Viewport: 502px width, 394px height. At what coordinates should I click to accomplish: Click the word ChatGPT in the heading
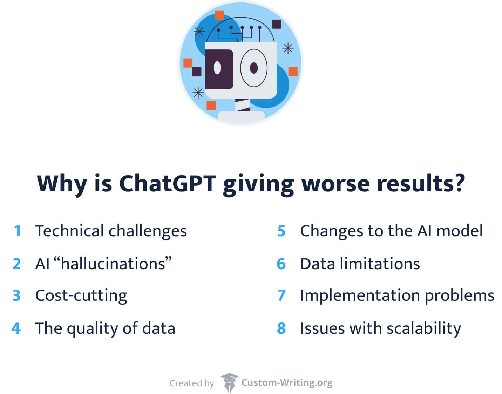pos(168,184)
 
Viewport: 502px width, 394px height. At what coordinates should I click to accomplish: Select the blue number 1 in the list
pos(18,231)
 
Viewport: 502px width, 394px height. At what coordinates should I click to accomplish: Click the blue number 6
pos(281,264)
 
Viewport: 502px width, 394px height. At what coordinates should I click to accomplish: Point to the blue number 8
pos(281,328)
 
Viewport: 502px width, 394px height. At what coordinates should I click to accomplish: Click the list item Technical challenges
pos(111,231)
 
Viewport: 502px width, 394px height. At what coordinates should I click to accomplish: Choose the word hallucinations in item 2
pos(113,263)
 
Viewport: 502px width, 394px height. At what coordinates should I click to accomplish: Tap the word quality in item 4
pos(93,329)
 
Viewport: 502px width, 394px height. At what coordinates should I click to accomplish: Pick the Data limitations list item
pos(360,264)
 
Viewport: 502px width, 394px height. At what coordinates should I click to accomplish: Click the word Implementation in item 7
pos(360,296)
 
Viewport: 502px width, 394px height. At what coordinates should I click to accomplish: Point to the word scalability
pos(424,329)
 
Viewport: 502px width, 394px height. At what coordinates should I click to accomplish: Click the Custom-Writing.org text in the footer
pos(287,383)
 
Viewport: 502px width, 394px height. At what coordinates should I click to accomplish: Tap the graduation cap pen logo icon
pos(229,383)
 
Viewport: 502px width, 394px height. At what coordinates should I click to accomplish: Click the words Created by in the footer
pos(192,383)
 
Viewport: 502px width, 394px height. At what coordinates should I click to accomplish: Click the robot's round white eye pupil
pos(217,68)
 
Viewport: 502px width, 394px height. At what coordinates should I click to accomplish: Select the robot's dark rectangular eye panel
pos(219,69)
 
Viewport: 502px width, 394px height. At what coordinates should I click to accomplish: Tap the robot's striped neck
pos(243,105)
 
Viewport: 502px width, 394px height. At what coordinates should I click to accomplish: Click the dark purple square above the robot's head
pos(277,24)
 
